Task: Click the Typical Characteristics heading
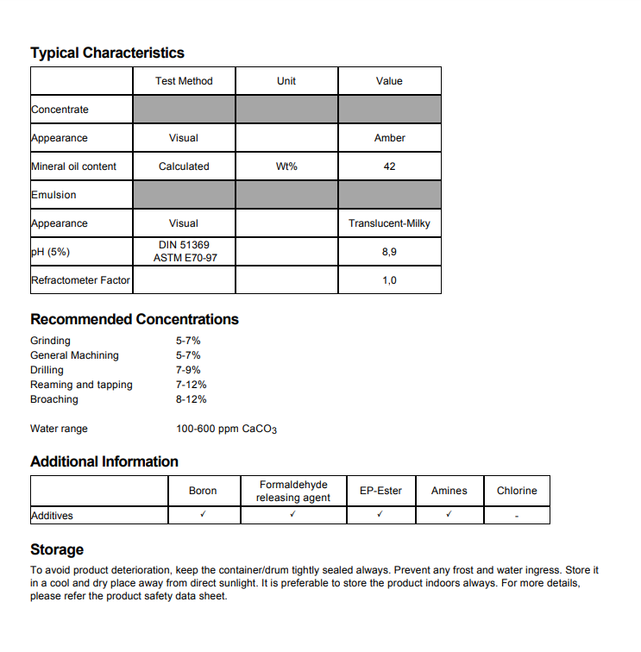click(107, 53)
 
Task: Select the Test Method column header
click(184, 81)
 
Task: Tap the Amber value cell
click(389, 138)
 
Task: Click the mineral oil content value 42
click(389, 166)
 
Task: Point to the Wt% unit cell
click(286, 166)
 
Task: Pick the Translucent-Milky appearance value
click(389, 223)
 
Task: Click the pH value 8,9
click(389, 252)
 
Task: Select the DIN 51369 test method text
click(184, 246)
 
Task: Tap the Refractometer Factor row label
click(80, 280)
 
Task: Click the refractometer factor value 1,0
click(389, 280)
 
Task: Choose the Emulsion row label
click(53, 195)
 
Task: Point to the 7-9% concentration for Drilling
click(188, 370)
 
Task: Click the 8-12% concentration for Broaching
click(192, 399)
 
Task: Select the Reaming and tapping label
click(81, 385)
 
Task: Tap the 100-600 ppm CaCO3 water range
click(226, 429)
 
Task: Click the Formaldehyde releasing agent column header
click(293, 491)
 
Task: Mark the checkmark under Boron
click(203, 515)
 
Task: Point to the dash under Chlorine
click(517, 516)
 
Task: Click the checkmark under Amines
click(449, 515)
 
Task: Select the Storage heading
click(57, 549)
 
